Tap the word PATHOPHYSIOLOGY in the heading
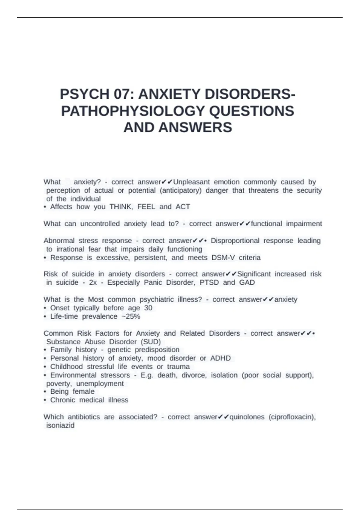coord(133,111)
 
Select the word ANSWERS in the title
coord(195,127)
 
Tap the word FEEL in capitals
coord(146,207)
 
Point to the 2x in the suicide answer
coord(93,283)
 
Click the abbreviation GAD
coord(247,283)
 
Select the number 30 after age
coord(148,308)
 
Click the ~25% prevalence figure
coord(131,316)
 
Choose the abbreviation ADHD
coord(220,358)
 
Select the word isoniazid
coord(60,425)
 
